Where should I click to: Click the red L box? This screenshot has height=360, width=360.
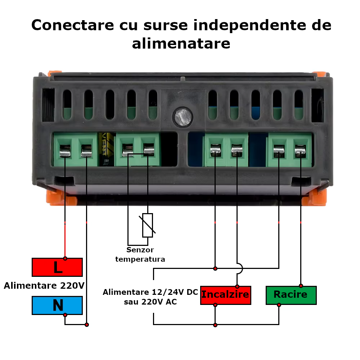[x=57, y=267]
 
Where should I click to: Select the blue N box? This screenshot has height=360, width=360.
[x=57, y=305]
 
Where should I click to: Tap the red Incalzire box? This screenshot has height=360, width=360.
[x=225, y=295]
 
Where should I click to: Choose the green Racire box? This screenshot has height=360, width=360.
[x=291, y=295]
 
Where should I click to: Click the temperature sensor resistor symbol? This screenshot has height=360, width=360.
[x=148, y=225]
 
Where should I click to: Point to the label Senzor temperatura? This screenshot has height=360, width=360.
[x=140, y=255]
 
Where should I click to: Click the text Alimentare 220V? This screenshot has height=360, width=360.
[x=44, y=286]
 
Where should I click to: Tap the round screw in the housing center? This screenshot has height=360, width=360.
[x=183, y=117]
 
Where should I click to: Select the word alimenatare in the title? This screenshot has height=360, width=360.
[x=181, y=44]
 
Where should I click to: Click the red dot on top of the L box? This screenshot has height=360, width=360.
[x=65, y=258]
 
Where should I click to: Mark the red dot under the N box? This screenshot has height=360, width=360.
[x=65, y=315]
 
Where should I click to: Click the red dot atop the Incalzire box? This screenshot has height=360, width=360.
[x=237, y=286]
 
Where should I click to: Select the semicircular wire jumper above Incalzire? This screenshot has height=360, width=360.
[x=239, y=268]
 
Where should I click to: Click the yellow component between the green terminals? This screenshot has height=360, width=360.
[x=107, y=149]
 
